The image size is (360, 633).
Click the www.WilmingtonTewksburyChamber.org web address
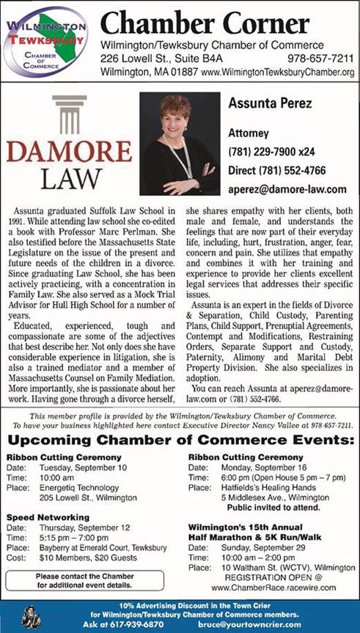[277, 73]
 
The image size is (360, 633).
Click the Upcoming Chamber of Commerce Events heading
[180, 442]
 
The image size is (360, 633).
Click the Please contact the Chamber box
[84, 581]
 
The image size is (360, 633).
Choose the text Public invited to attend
[271, 506]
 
